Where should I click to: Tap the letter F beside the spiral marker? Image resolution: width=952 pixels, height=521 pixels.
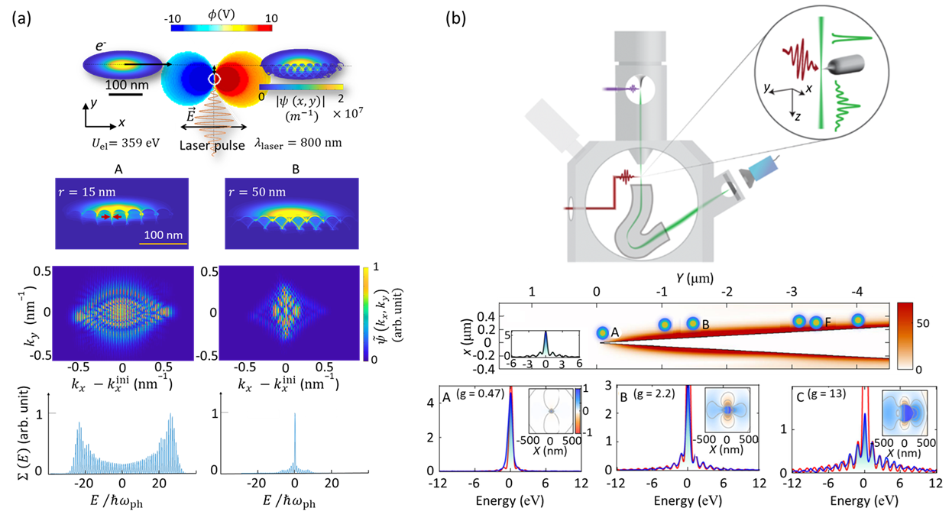click(x=827, y=322)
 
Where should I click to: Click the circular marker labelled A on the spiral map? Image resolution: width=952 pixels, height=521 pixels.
click(x=602, y=333)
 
